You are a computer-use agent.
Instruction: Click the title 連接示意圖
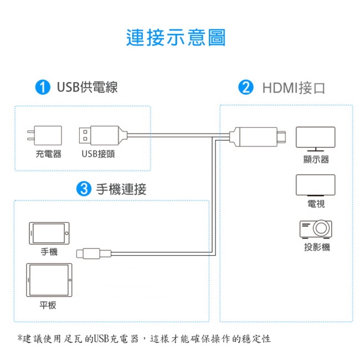coord(176,37)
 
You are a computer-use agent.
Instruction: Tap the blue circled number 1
coord(40,87)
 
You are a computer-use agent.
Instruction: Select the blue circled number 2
coord(245,87)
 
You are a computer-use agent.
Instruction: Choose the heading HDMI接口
coord(294,88)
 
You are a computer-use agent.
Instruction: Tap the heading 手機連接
coord(121,189)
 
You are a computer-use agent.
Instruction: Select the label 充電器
coord(48,153)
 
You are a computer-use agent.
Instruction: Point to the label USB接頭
coord(98,153)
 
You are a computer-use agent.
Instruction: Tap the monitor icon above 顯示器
coord(315,138)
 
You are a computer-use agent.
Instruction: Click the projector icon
coord(316,228)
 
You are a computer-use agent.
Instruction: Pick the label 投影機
coord(316,246)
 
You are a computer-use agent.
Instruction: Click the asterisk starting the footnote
coord(20,338)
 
